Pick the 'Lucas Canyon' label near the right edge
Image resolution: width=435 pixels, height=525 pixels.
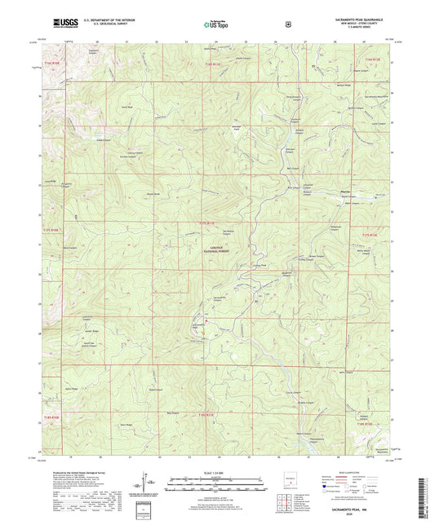[377, 125]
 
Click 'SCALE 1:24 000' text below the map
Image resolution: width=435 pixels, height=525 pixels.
[218, 474]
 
